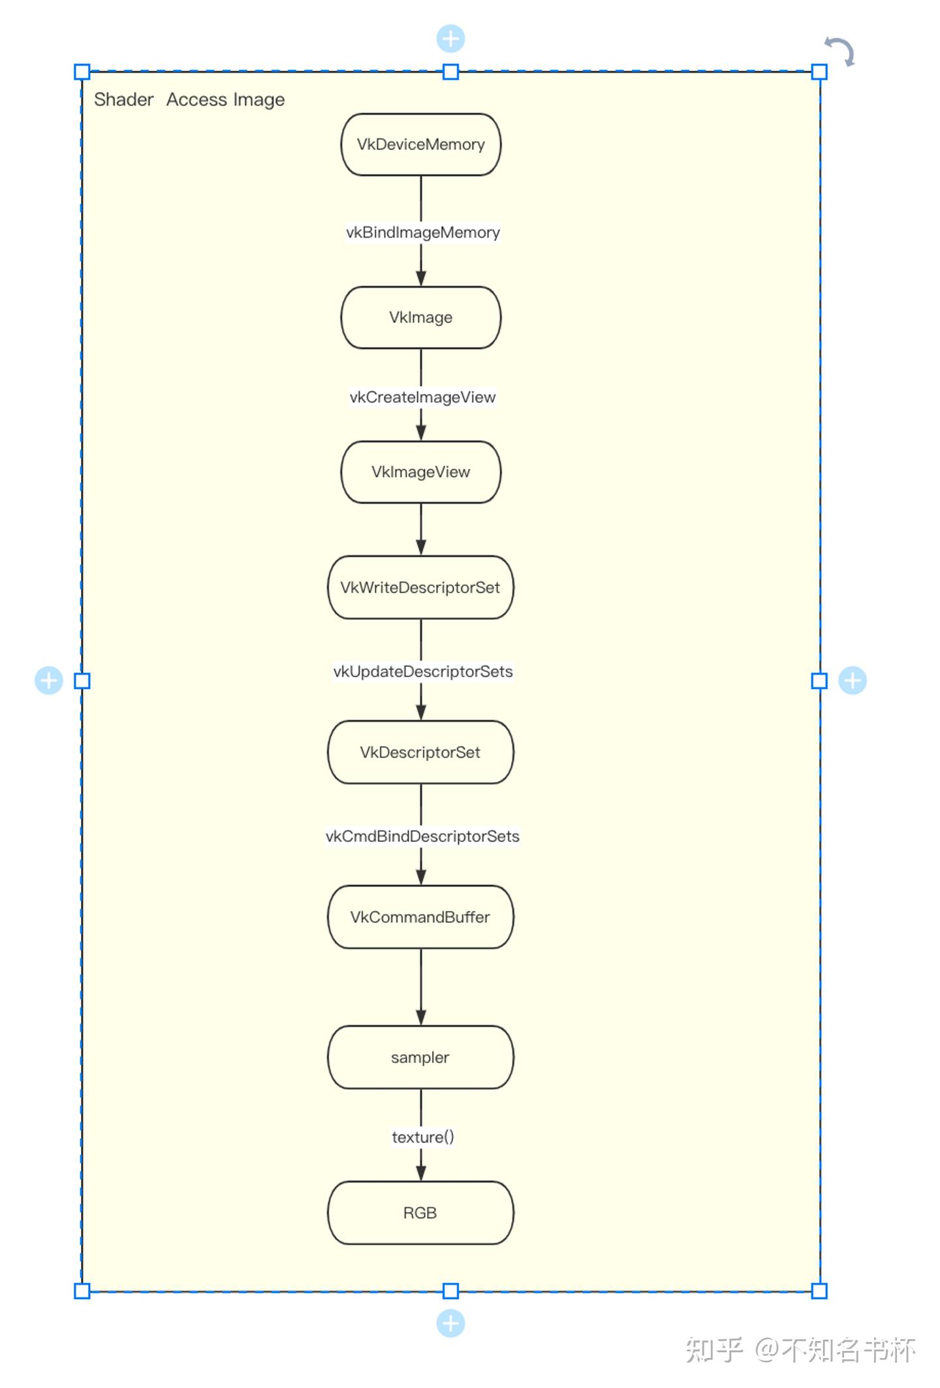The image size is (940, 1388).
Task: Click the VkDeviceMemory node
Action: pyautogui.click(x=420, y=144)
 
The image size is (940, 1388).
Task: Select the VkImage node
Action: pyautogui.click(x=420, y=317)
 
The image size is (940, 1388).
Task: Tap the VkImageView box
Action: pyautogui.click(x=420, y=472)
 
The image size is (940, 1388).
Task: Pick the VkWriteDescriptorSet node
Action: pyautogui.click(x=420, y=587)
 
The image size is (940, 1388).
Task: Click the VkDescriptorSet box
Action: pyautogui.click(x=420, y=752)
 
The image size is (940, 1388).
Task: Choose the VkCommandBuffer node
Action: pyautogui.click(x=420, y=917)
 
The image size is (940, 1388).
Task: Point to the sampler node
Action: pyautogui.click(x=420, y=1057)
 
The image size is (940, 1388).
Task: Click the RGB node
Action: pyautogui.click(x=420, y=1212)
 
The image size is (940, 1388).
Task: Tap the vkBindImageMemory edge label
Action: pyautogui.click(x=422, y=232)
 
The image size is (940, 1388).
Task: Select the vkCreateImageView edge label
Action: pyautogui.click(x=422, y=397)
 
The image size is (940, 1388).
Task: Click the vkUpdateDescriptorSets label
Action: pyautogui.click(x=422, y=671)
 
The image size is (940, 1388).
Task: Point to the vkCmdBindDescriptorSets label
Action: pyautogui.click(x=422, y=836)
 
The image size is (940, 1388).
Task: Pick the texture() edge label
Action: pyautogui.click(x=422, y=1137)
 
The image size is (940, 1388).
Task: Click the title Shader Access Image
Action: pyautogui.click(x=189, y=99)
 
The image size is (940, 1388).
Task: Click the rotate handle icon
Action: pyautogui.click(x=839, y=52)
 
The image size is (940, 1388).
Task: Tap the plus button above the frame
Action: pyautogui.click(x=450, y=39)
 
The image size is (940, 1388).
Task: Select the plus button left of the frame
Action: pyautogui.click(x=48, y=681)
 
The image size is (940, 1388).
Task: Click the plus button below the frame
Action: pyautogui.click(x=450, y=1323)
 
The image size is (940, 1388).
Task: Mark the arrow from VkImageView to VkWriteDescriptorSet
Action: pyautogui.click(x=421, y=529)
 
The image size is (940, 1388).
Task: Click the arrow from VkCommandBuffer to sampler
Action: pyautogui.click(x=421, y=987)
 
